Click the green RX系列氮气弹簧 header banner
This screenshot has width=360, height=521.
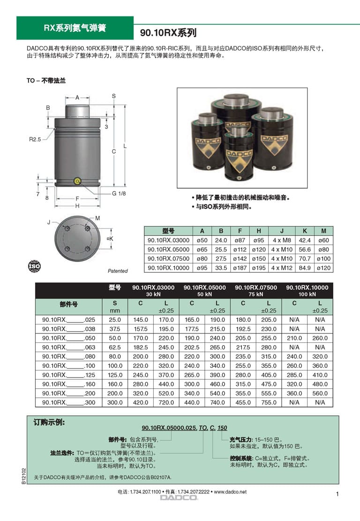point(75,28)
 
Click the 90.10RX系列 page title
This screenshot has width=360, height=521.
point(168,32)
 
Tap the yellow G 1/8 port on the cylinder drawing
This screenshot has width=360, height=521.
point(77,181)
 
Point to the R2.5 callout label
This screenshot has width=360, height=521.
point(35,139)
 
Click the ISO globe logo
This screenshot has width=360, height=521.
point(34,266)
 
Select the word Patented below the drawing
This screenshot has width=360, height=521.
point(118,271)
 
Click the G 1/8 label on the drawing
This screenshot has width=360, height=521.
point(119,193)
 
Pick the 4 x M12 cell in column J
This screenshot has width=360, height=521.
point(282,268)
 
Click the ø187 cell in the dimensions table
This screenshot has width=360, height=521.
point(240,268)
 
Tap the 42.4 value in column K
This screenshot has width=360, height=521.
point(305,240)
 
